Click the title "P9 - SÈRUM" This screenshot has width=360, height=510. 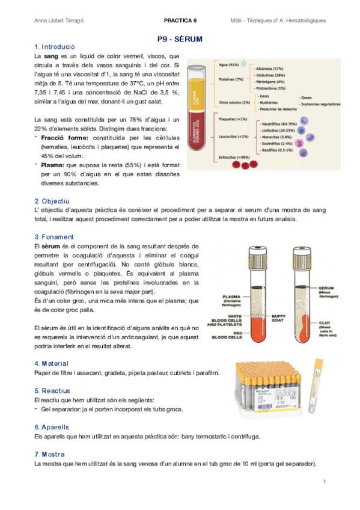(180, 39)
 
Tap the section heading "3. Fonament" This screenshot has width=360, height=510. (54, 237)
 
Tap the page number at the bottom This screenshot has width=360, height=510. (324, 482)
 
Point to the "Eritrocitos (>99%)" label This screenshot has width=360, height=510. (234, 157)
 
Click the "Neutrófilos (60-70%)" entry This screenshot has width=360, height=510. (277, 123)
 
